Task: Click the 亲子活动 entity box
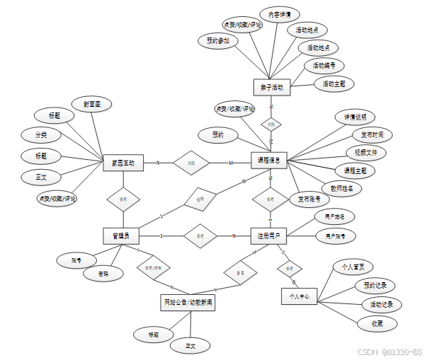click(x=271, y=87)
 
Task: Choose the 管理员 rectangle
click(x=120, y=234)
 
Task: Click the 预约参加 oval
click(x=218, y=41)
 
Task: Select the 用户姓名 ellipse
click(x=334, y=215)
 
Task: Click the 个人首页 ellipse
click(x=353, y=267)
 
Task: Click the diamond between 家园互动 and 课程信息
click(x=191, y=163)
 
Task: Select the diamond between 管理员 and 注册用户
click(x=200, y=235)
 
